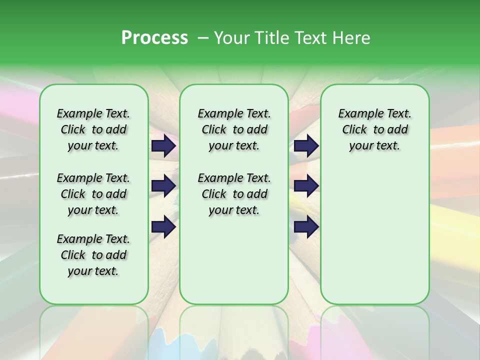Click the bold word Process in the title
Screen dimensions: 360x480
click(x=154, y=38)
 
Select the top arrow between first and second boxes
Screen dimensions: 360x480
click(x=163, y=145)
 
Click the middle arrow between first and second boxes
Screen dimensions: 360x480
click(x=163, y=186)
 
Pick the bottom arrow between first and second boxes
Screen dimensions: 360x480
click(x=163, y=227)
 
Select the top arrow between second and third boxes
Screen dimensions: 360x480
click(x=306, y=145)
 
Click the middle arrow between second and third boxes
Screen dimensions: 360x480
click(x=306, y=186)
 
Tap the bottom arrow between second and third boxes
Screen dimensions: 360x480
click(x=306, y=227)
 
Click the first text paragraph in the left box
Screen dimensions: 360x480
click(x=93, y=129)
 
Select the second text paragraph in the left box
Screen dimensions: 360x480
click(x=93, y=194)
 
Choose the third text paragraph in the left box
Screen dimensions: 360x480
click(x=93, y=255)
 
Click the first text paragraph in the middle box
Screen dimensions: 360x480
click(x=234, y=129)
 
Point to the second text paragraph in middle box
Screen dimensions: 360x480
click(x=234, y=194)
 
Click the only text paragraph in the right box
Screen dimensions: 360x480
click(x=374, y=129)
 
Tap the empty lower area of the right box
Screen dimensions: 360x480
click(x=374, y=235)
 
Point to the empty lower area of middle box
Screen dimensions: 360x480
click(x=234, y=260)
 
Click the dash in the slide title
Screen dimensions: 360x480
click(x=203, y=38)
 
